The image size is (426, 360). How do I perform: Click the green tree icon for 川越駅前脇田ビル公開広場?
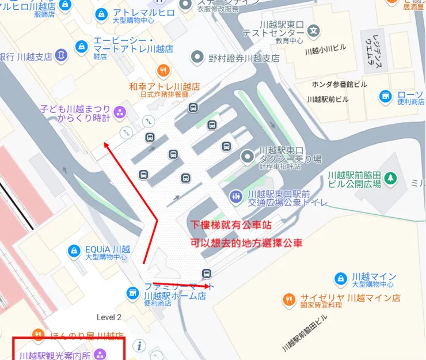click(x=391, y=178)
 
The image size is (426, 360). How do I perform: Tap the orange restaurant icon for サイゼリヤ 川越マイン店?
click(x=289, y=299)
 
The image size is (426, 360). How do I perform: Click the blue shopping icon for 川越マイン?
click(x=341, y=278)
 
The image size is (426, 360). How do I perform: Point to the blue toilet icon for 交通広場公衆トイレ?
click(x=235, y=197)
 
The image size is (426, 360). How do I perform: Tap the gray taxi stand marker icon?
click(x=248, y=156)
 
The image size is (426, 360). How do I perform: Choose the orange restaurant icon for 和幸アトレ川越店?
click(x=164, y=71)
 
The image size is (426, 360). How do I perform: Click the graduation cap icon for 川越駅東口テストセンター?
click(x=314, y=31)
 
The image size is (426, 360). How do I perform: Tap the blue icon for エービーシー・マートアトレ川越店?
click(x=82, y=44)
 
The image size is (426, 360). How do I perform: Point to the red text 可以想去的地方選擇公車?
click(x=238, y=243)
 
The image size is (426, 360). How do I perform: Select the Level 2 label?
click(x=109, y=317)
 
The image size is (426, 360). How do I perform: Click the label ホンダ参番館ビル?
click(x=339, y=84)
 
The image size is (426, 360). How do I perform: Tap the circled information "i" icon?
click(x=140, y=346)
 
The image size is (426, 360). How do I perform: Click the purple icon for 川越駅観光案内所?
click(x=100, y=354)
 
